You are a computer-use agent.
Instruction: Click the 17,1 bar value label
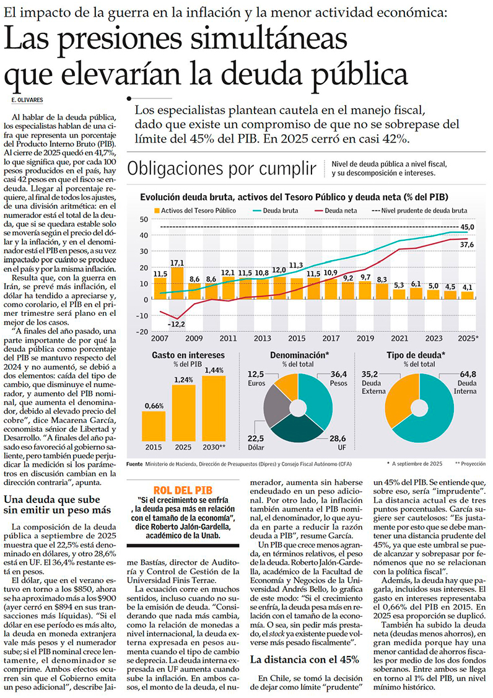click(177, 263)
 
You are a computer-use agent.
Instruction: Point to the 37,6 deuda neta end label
click(467, 245)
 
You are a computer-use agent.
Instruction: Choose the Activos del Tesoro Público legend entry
click(194, 211)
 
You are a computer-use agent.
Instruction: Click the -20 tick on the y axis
click(143, 331)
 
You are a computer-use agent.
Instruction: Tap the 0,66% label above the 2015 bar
click(154, 406)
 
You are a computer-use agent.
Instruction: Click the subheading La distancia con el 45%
click(304, 659)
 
